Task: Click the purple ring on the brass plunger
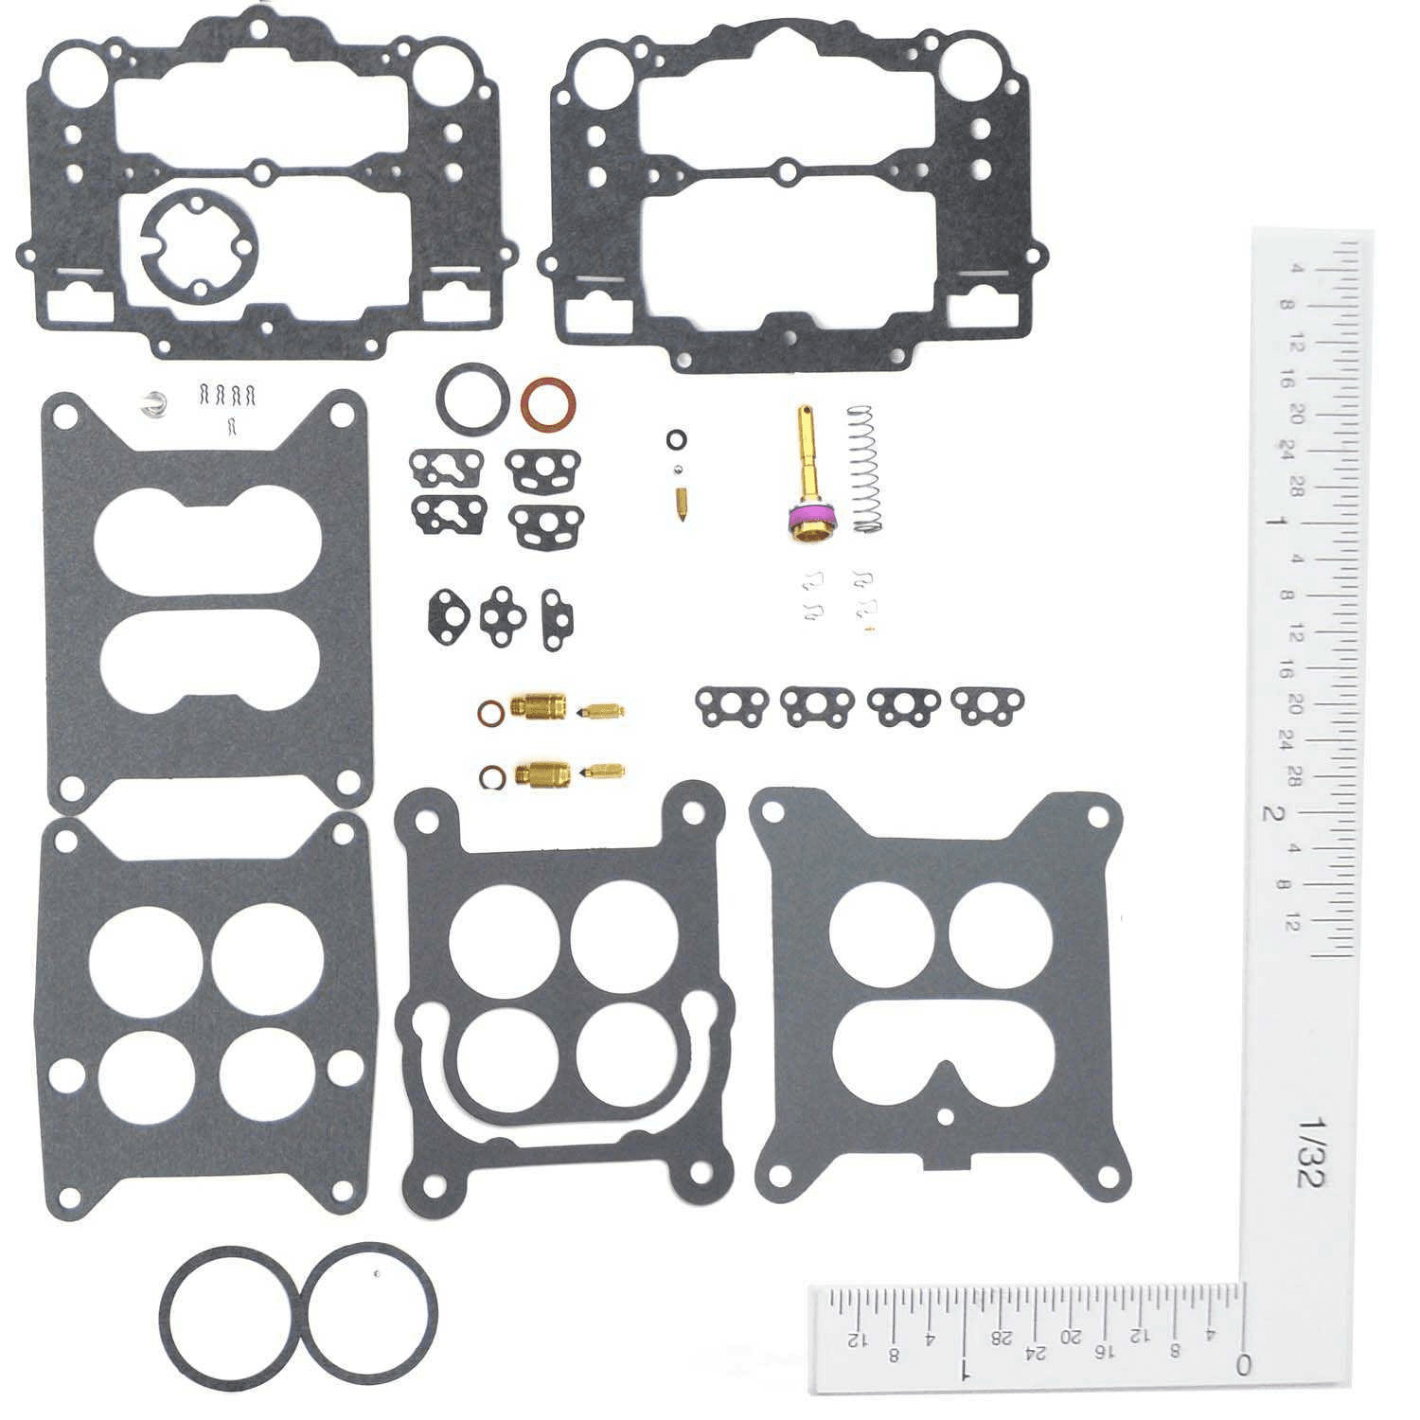(813, 519)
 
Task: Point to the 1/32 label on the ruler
(1312, 1150)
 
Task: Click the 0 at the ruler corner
(1243, 1364)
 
